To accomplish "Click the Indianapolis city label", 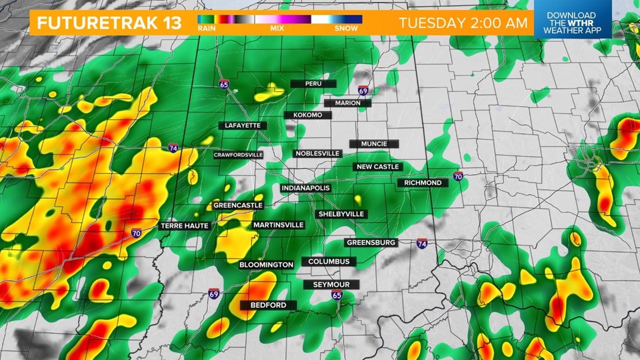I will pyautogui.click(x=305, y=188).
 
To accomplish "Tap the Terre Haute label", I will pyautogui.click(x=185, y=226).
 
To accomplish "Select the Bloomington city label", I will pyautogui.click(x=266, y=265).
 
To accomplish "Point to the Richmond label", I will pyautogui.click(x=423, y=183).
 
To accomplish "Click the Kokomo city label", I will pyautogui.click(x=307, y=115).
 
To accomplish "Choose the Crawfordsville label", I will pyautogui.click(x=238, y=155).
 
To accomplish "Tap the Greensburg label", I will pyautogui.click(x=372, y=243).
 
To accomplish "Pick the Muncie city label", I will pyautogui.click(x=374, y=144).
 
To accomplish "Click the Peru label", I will pyautogui.click(x=313, y=84).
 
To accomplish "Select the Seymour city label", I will pyautogui.click(x=331, y=285).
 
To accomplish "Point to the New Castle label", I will pyautogui.click(x=378, y=167).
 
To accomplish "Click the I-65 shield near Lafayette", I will pyautogui.click(x=225, y=85).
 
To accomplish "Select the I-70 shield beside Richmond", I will pyautogui.click(x=458, y=176).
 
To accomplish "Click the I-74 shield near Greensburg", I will pyautogui.click(x=422, y=243).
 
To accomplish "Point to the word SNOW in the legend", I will pyautogui.click(x=346, y=28).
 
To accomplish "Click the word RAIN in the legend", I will pyautogui.click(x=205, y=28).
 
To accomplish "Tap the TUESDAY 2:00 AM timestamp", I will pyautogui.click(x=463, y=23).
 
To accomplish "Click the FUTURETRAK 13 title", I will pyautogui.click(x=109, y=23).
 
